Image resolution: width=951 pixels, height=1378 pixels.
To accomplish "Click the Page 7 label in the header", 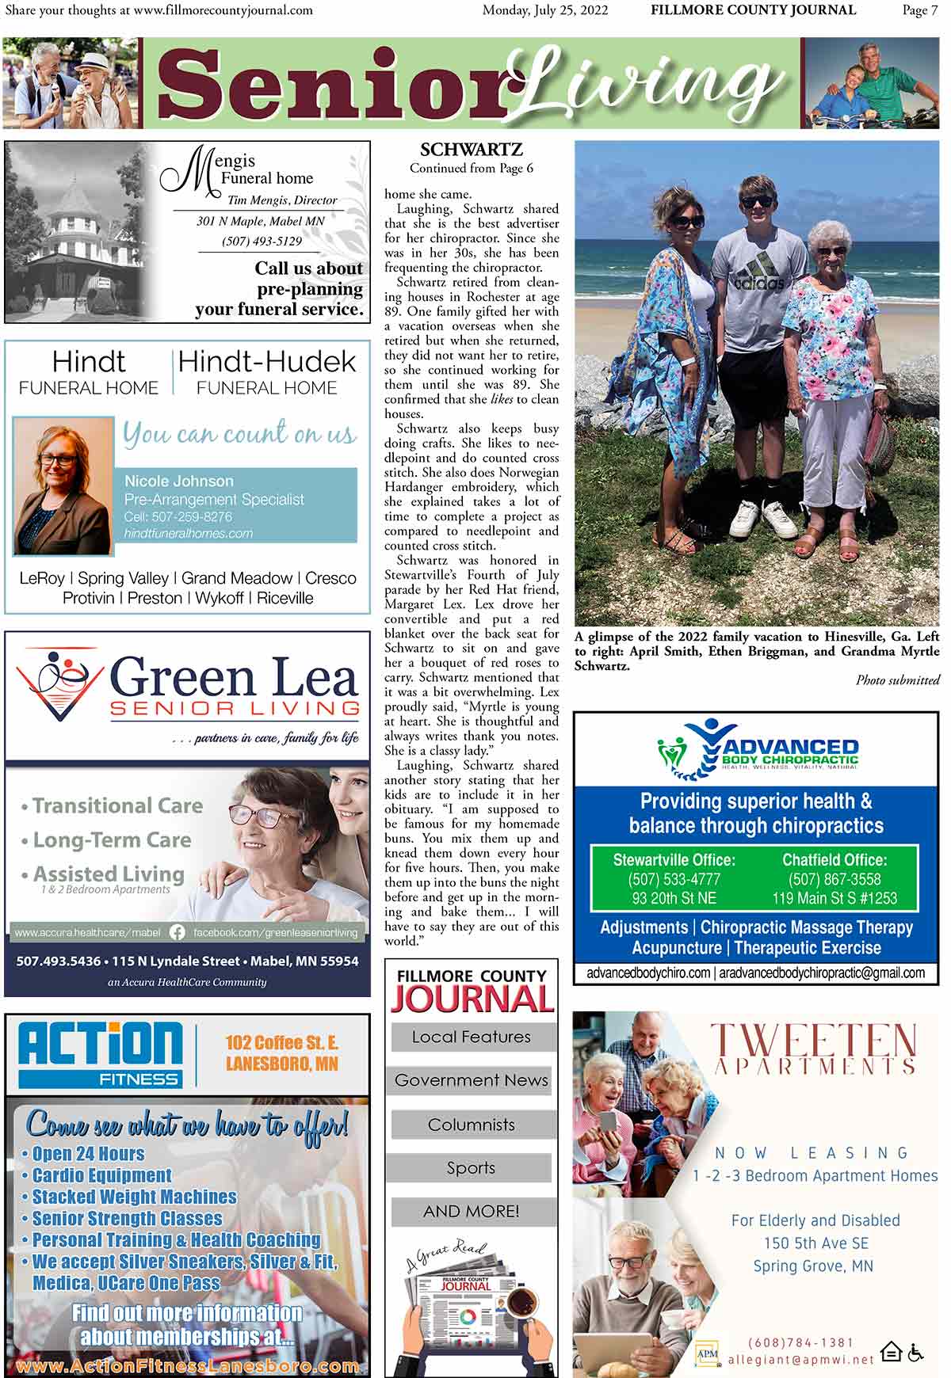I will (919, 10).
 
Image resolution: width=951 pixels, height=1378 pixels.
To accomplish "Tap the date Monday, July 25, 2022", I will (545, 10).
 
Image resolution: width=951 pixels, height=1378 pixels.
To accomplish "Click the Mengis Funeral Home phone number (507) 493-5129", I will (262, 241).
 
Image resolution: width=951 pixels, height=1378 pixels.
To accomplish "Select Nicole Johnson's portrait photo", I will (63, 486).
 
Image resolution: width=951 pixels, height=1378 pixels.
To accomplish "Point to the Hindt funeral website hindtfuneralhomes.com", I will (189, 534).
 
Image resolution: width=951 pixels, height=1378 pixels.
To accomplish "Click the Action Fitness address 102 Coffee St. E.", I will (281, 1042).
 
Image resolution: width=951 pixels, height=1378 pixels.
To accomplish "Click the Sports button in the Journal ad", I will (471, 1168).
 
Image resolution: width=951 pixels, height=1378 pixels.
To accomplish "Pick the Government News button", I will (471, 1080).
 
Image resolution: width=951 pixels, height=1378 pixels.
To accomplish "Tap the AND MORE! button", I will (471, 1212).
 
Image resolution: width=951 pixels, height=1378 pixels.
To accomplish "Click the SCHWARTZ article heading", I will (471, 150).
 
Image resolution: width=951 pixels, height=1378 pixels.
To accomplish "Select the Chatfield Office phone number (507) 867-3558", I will (835, 879).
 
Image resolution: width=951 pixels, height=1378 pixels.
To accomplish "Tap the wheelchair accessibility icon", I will (916, 1352).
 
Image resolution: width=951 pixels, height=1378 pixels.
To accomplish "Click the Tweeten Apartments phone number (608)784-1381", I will (800, 1343).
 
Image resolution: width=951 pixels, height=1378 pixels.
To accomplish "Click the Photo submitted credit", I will (897, 680).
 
